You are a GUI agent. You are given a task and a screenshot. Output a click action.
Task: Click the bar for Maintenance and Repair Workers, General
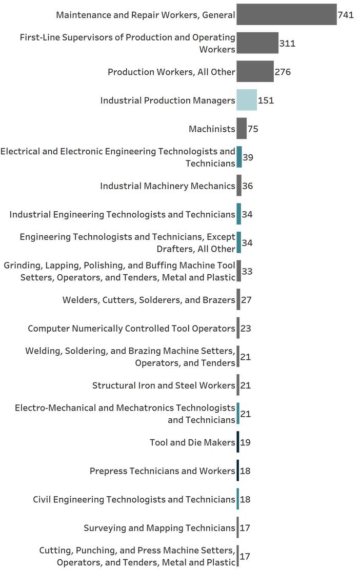[x=286, y=15]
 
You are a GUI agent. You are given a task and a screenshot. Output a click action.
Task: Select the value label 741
[x=346, y=15]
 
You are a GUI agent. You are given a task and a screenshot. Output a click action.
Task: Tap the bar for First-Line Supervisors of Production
[x=257, y=44]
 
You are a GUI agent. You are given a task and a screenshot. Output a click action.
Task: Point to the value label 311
[x=287, y=44]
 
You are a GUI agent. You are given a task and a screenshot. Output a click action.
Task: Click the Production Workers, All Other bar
[x=255, y=72]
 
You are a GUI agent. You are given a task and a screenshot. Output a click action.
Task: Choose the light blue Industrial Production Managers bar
[x=246, y=100]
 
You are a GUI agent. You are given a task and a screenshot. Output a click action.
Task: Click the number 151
[x=266, y=100]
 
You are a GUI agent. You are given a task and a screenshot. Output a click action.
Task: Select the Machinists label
[x=212, y=129]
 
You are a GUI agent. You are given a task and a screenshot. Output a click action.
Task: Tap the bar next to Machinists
[x=242, y=129]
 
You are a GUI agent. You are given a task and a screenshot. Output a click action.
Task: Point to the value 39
[x=248, y=157]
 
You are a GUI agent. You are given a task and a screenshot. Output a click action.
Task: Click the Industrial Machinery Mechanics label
[x=168, y=186]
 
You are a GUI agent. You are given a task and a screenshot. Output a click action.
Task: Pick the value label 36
[x=247, y=186]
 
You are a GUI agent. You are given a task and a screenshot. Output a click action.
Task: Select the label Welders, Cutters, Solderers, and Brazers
[x=149, y=300]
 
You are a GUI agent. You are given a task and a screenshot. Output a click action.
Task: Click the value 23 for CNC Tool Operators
[x=246, y=329]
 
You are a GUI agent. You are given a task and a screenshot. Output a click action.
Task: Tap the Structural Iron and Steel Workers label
[x=164, y=385]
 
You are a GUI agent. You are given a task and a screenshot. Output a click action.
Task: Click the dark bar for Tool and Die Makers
[x=238, y=442]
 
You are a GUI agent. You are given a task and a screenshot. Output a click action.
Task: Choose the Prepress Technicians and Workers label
[x=162, y=471]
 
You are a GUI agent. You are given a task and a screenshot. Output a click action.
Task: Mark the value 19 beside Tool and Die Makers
[x=245, y=442]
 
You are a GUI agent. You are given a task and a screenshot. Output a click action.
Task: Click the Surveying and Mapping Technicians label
[x=159, y=528]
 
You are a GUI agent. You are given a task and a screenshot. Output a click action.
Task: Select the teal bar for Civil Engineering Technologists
[x=238, y=499]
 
